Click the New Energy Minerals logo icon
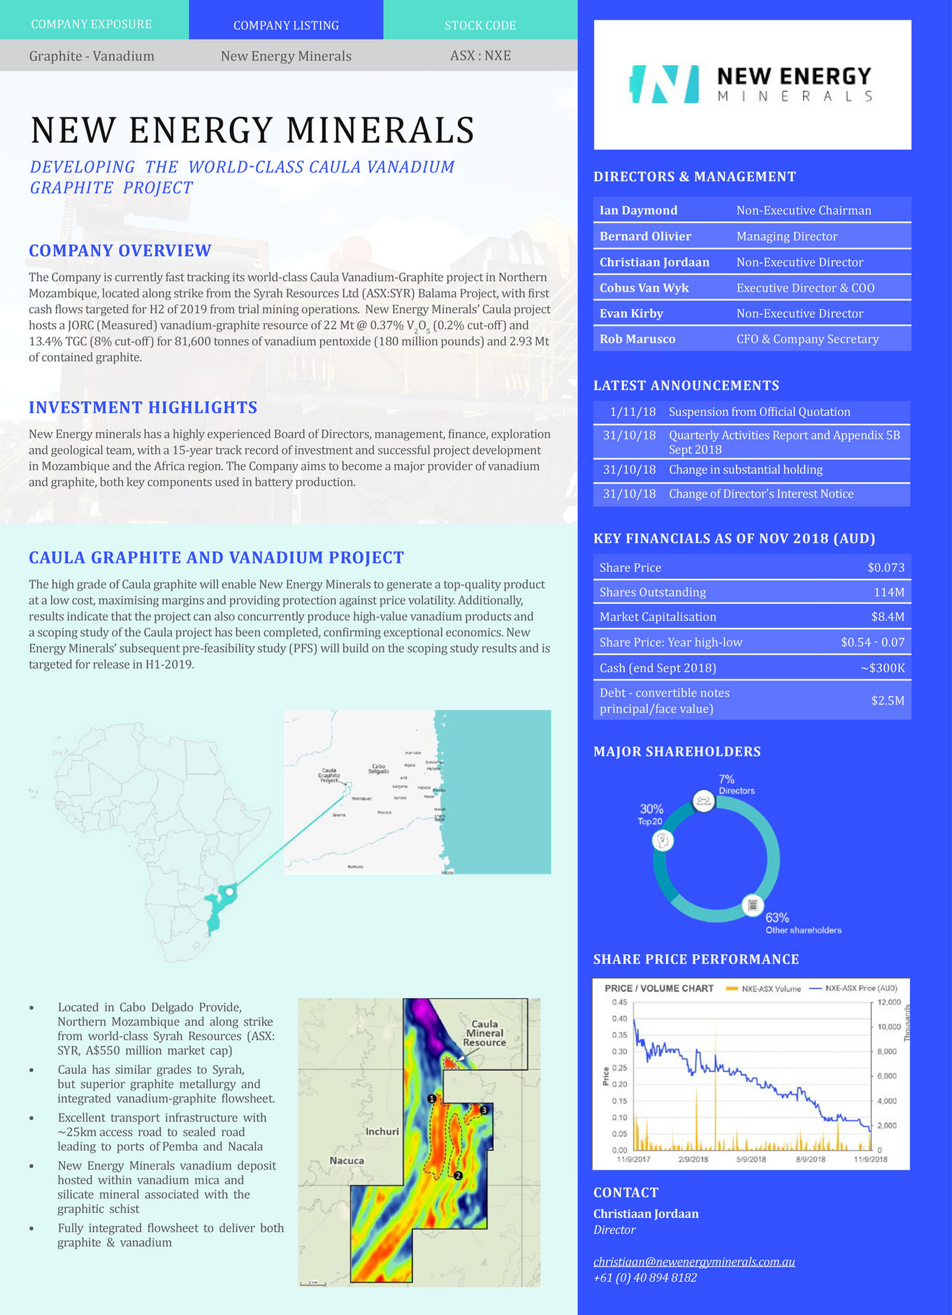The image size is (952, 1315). [665, 85]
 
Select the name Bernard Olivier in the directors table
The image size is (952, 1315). [645, 236]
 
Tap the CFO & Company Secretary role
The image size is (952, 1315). [807, 339]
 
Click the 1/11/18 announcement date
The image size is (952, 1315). [633, 412]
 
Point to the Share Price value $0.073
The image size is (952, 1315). [886, 568]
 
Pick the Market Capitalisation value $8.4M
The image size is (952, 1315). [890, 617]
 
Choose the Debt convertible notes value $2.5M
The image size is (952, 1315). [888, 700]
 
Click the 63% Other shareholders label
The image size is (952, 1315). [802, 923]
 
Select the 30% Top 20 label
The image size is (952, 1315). [651, 814]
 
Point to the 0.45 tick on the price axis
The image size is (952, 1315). [619, 1002]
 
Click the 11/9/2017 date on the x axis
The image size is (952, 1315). [634, 1159]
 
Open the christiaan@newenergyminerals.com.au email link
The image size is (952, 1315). [694, 1262]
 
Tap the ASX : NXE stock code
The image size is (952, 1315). [480, 55]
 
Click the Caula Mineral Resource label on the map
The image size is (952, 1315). [484, 1033]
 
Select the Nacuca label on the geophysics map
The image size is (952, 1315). [347, 1160]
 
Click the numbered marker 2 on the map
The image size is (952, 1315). [458, 1176]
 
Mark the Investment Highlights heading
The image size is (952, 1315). [143, 408]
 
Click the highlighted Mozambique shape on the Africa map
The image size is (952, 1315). [220, 905]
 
